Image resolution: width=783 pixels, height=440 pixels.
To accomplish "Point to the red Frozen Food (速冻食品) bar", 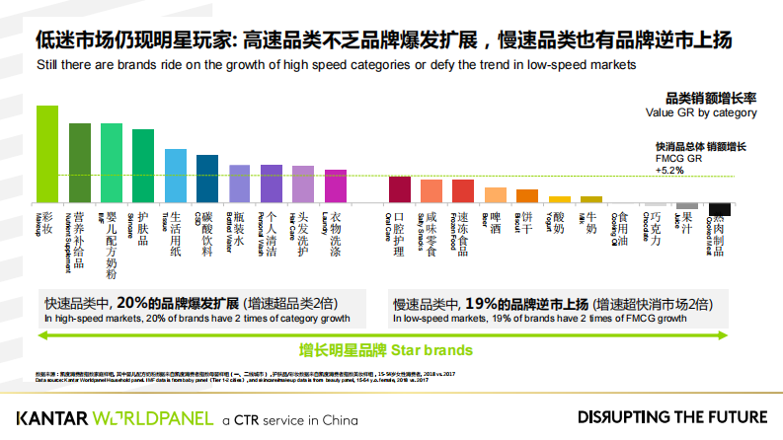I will [x=463, y=191].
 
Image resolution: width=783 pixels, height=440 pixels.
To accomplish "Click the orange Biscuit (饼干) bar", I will [x=527, y=195].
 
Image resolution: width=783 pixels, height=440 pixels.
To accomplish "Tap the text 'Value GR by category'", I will [x=701, y=112].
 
